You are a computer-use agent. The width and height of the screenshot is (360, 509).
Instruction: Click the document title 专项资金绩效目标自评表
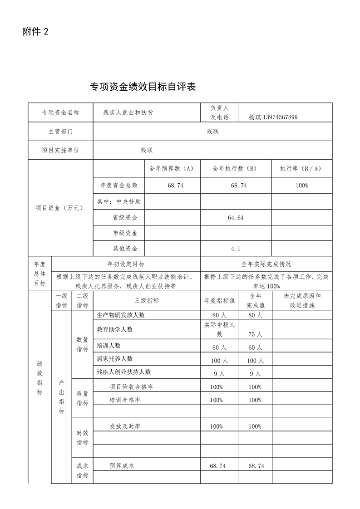tap(143, 87)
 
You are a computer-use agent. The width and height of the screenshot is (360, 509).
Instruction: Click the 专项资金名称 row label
tap(60, 113)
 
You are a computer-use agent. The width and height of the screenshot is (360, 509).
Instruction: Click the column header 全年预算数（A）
tap(172, 168)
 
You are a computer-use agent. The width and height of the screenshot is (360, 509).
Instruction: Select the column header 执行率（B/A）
tap(301, 168)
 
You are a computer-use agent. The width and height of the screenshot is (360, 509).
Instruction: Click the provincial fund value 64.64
tap(236, 218)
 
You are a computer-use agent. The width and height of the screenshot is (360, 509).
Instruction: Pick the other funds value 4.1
tap(236, 248)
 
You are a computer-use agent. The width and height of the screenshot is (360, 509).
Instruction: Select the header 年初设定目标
tap(126, 264)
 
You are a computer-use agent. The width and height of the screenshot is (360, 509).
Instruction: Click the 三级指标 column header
tap(147, 300)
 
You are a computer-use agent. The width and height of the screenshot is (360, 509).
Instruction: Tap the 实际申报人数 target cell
tap(219, 329)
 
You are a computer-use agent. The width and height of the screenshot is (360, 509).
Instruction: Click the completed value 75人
tap(255, 334)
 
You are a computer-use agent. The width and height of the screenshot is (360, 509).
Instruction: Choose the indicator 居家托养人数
tap(115, 358)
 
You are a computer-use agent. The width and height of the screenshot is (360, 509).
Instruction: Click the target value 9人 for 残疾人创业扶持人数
tap(219, 374)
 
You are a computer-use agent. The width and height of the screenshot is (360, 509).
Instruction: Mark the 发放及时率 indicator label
tap(125, 426)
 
